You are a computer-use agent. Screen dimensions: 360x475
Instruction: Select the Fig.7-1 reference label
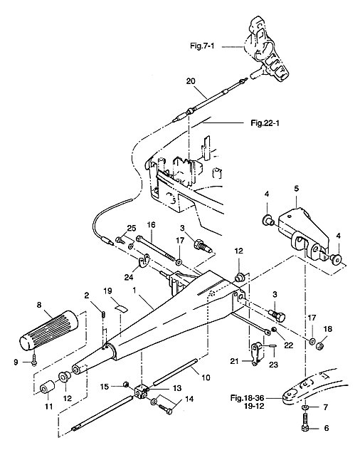pyautogui.click(x=202, y=46)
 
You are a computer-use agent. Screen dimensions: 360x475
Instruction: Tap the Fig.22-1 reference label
pyautogui.click(x=265, y=123)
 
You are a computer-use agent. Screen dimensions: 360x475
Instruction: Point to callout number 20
pyautogui.click(x=191, y=81)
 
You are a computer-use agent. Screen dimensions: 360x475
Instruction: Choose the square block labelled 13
pyautogui.click(x=142, y=391)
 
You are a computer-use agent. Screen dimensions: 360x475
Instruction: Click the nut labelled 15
pyautogui.click(x=125, y=385)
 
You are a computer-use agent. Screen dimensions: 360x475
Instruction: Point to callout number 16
pyautogui.click(x=152, y=225)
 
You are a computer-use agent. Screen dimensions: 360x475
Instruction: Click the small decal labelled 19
pyautogui.click(x=121, y=308)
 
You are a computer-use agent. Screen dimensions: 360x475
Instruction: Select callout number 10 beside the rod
pyautogui.click(x=206, y=377)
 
